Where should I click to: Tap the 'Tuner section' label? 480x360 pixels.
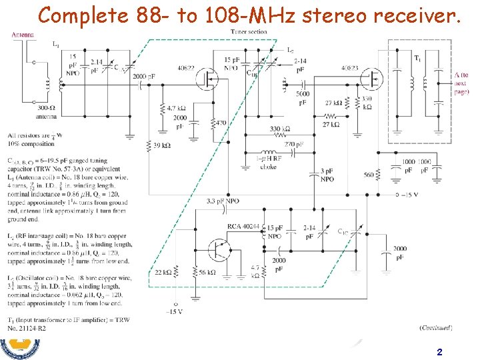250,32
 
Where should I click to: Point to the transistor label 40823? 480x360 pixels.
350,67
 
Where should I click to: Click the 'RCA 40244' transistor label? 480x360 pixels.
243,227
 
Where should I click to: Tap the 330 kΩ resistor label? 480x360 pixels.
279,129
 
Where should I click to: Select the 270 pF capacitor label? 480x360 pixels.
293,144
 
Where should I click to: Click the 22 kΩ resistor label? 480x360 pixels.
163,273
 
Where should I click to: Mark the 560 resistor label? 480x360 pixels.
369,175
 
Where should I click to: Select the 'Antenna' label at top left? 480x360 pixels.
23,35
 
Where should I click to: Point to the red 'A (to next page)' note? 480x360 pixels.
461,83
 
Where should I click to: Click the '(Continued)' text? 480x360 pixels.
436,327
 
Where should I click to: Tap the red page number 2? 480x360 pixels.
439,351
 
